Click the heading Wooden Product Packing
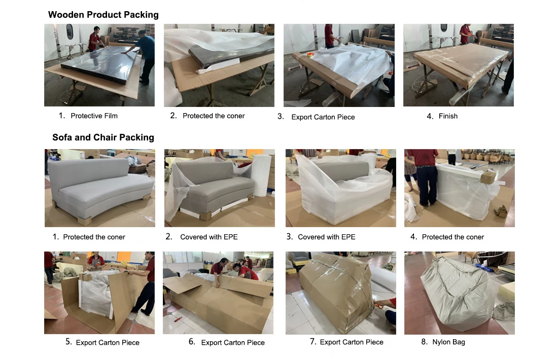(x=103, y=15)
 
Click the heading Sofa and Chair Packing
(x=103, y=137)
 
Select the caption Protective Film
(x=94, y=116)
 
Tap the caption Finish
(x=448, y=116)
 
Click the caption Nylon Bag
(x=448, y=342)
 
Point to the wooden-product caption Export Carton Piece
(x=323, y=117)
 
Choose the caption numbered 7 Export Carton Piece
(x=352, y=342)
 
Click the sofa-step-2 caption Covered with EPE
(x=208, y=237)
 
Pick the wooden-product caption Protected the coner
(x=214, y=116)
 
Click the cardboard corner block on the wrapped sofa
(x=487, y=177)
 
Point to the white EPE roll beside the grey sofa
(x=262, y=175)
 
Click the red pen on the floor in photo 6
(x=177, y=319)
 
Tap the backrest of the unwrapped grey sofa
(x=89, y=171)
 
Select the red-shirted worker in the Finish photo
(x=466, y=34)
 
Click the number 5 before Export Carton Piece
(x=68, y=342)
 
